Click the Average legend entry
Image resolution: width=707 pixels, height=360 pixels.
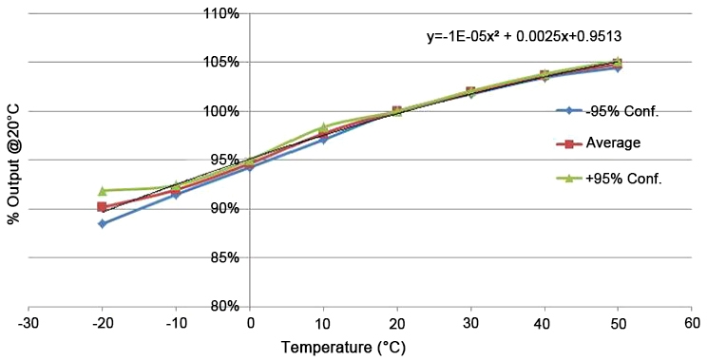pyautogui.click(x=601, y=143)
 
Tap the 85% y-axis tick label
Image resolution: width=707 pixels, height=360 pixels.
pyautogui.click(x=225, y=257)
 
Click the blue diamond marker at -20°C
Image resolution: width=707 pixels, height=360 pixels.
pyautogui.click(x=102, y=224)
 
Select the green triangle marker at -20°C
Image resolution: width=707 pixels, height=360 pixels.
pyautogui.click(x=102, y=191)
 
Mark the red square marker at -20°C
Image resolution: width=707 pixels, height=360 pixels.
pyautogui.click(x=102, y=207)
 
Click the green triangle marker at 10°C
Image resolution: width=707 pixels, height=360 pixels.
pyautogui.click(x=323, y=127)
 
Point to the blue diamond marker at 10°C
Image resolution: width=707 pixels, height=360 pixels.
pyautogui.click(x=323, y=140)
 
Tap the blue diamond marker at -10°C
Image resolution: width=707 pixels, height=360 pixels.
pyautogui.click(x=176, y=195)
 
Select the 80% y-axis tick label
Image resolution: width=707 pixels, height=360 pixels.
pyautogui.click(x=225, y=306)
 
